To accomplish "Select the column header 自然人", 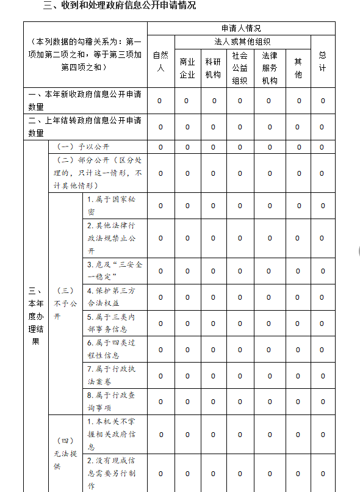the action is (x=160, y=62).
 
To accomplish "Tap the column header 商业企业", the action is (x=187, y=68).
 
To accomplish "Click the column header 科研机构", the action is (x=213, y=68).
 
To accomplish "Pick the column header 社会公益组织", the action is (x=240, y=68).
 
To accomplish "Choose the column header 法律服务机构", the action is (x=269, y=68).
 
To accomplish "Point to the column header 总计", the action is (x=323, y=62).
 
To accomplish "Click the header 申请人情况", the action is (x=241, y=28).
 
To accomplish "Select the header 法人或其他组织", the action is (x=242, y=42).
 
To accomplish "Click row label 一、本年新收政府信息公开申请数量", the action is (x=85, y=100).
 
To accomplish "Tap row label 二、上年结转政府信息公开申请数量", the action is (x=85, y=126).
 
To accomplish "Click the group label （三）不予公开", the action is (x=65, y=303).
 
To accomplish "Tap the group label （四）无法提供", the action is (x=65, y=454).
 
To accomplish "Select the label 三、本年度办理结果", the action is (x=35, y=316).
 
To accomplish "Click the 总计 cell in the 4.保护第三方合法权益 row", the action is (x=322, y=297).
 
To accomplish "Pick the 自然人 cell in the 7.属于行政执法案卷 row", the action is (x=160, y=376).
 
